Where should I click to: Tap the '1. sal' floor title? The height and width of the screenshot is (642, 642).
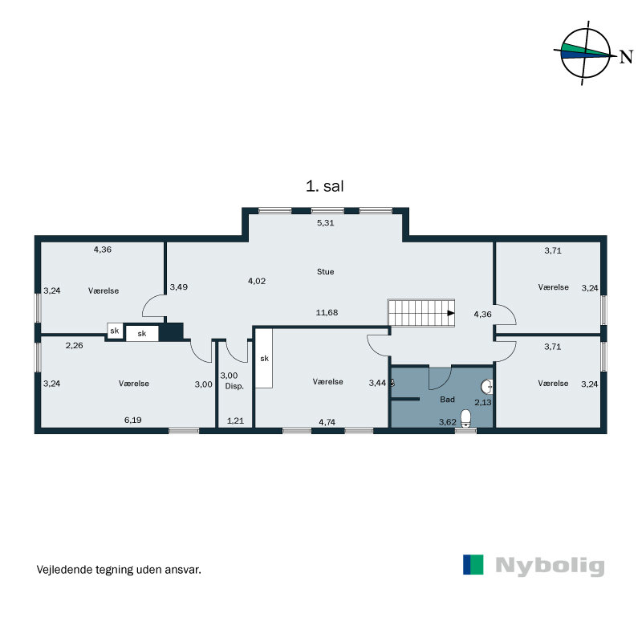point(325,186)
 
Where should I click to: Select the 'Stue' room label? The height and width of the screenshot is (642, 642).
point(325,272)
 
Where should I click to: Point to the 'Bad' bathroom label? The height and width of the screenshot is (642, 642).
point(448,399)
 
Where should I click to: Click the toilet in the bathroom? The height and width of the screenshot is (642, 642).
point(465,427)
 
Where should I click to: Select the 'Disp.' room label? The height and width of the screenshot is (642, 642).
point(234,385)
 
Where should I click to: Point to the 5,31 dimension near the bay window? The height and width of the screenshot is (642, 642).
point(325,223)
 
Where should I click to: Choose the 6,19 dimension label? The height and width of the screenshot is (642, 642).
point(133,420)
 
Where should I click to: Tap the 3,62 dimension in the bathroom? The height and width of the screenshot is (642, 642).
point(448,421)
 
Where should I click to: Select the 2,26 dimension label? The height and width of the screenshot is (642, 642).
point(75,346)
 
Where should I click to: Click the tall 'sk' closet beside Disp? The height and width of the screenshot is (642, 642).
point(264,360)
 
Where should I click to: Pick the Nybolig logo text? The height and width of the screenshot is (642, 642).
point(549,565)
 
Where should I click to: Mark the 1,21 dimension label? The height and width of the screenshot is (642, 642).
point(234,421)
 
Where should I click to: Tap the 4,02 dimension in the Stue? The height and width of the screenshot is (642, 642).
point(257,281)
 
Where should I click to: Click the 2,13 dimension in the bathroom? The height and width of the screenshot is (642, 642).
point(483,402)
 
